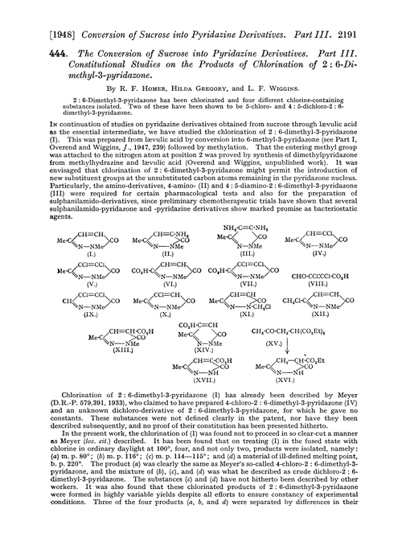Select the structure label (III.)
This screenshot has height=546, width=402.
click(x=248, y=284)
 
